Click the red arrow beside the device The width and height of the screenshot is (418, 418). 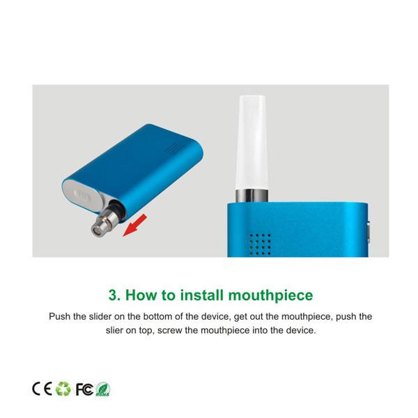coord(135,225)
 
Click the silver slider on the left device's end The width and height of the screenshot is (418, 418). coord(83,196)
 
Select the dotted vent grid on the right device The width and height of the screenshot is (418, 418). coord(260,245)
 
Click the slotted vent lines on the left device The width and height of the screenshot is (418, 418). coord(173,149)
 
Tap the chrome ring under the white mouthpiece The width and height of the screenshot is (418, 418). coord(252,196)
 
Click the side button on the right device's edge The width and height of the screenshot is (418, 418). coord(368,231)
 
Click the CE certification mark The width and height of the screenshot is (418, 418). coord(42,389)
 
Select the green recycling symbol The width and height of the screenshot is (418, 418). coord(63,389)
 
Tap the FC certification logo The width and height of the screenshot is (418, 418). coord(84,389)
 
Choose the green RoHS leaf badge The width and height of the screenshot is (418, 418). coord(103,389)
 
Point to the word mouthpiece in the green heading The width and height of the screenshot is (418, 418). coord(270,296)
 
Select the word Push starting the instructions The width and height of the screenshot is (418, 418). coord(60,316)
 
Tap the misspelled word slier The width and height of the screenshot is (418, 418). coord(114,330)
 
